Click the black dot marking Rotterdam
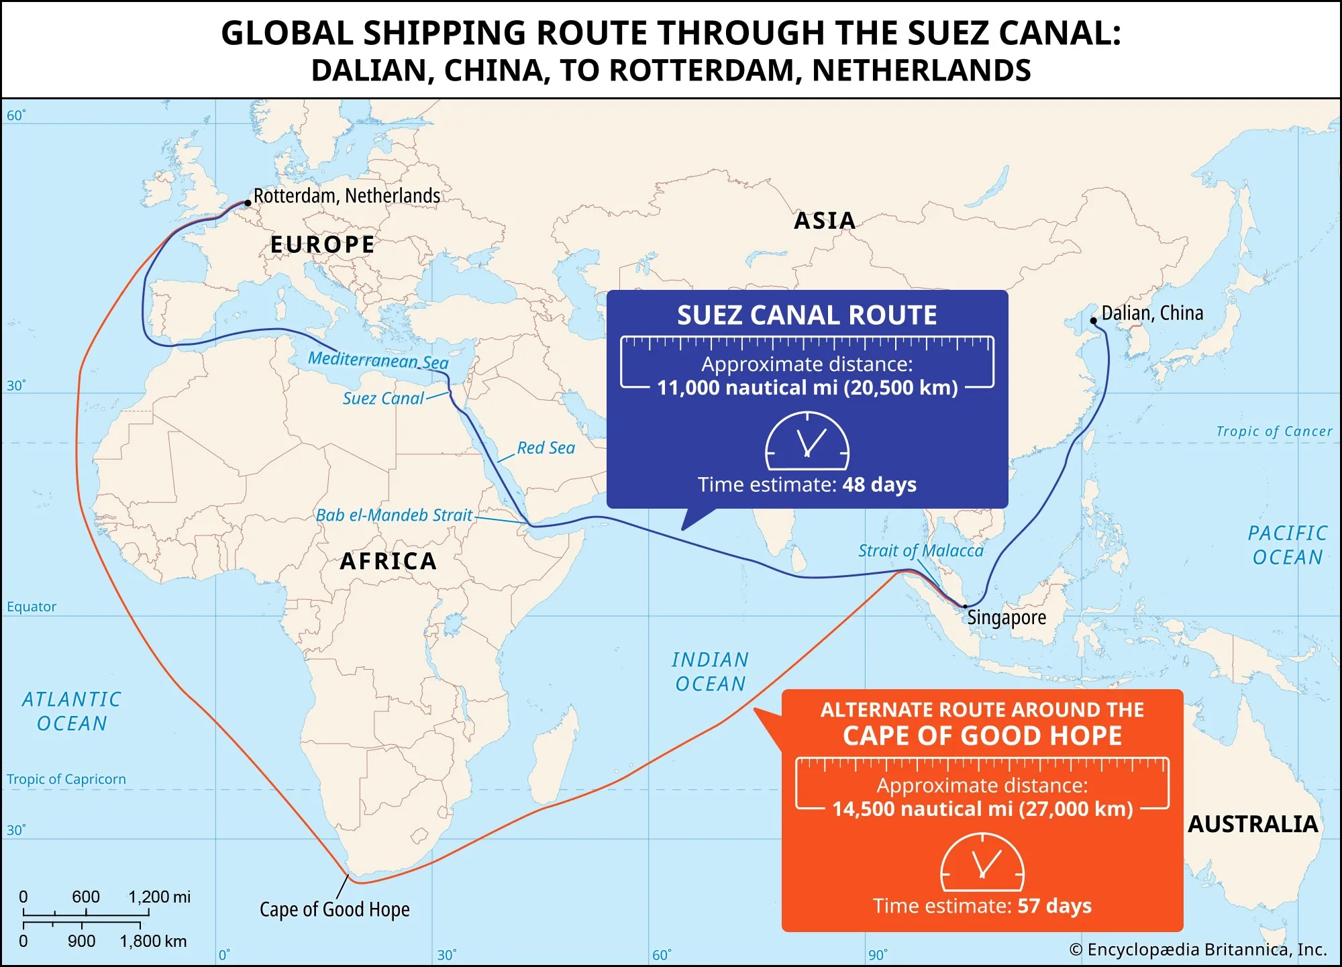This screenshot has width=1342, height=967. click(x=248, y=203)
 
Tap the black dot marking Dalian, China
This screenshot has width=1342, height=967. click(x=1093, y=321)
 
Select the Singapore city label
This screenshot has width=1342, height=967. click(x=1007, y=617)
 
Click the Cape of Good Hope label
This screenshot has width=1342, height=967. click(x=334, y=909)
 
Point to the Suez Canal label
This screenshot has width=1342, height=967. click(x=383, y=399)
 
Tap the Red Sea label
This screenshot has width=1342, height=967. click(x=546, y=448)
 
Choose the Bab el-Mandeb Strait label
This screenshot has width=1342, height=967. click(x=394, y=515)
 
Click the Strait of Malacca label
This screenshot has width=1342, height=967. click(x=921, y=551)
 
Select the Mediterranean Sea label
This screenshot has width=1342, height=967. click(x=378, y=360)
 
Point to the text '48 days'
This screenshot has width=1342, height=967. click(x=879, y=485)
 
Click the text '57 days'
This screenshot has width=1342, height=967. click(x=1054, y=906)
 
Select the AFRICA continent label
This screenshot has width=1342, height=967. click(x=389, y=561)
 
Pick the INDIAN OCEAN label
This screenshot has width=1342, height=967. click(x=710, y=672)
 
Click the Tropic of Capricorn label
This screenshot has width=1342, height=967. click(x=66, y=779)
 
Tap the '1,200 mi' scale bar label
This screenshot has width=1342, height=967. click(x=159, y=897)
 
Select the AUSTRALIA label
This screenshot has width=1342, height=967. click(x=1253, y=824)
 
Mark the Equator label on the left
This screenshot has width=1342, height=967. click(x=32, y=607)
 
